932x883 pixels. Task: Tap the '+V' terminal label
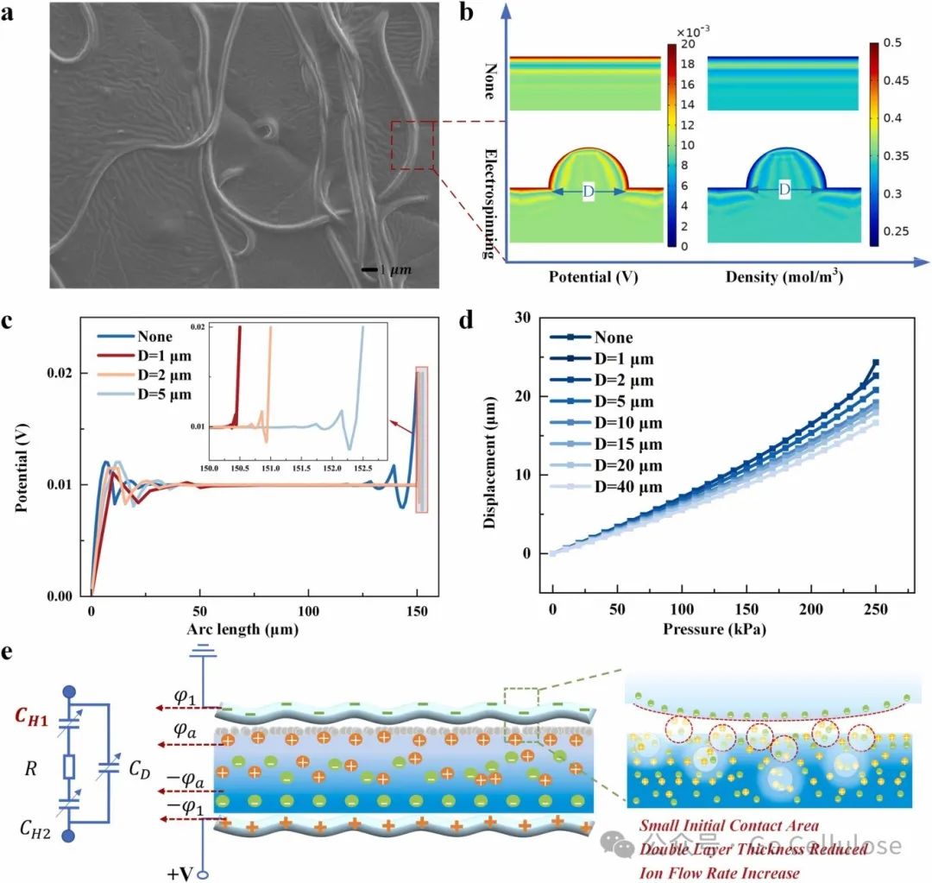tap(181, 873)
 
